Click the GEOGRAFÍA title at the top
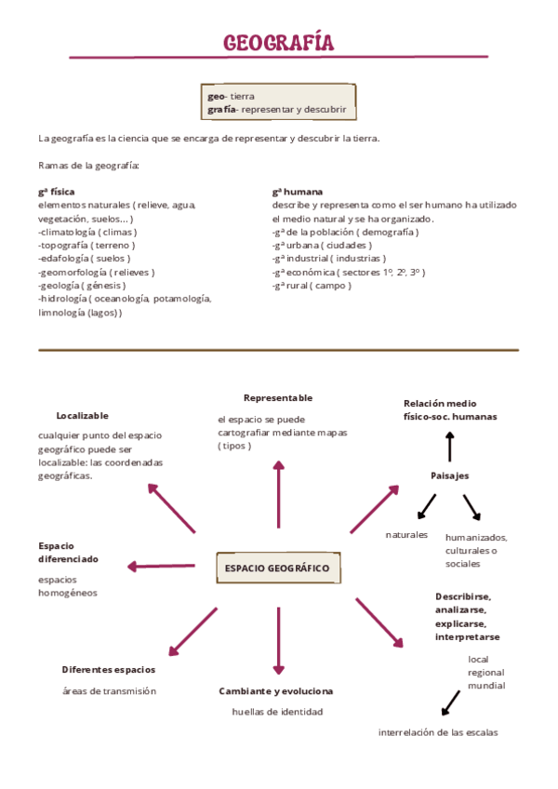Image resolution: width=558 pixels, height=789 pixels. click(x=278, y=44)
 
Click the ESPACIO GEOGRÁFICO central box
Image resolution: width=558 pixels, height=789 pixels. click(x=277, y=568)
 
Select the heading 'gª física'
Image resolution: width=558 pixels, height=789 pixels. click(x=57, y=192)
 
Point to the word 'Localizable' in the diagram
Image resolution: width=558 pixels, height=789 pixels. click(x=82, y=415)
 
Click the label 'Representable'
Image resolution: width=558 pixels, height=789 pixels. click(x=278, y=397)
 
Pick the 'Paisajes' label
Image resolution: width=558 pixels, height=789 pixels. click(x=449, y=475)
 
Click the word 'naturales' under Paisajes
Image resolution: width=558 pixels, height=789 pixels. click(x=406, y=534)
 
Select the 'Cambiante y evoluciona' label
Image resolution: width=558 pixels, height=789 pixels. click(x=275, y=690)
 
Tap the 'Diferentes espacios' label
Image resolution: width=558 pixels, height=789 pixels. click(x=109, y=669)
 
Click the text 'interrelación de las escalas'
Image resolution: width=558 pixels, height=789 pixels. click(x=437, y=732)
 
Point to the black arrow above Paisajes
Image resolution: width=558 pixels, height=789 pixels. click(x=450, y=447)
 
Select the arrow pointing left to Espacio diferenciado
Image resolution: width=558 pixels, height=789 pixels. click(x=161, y=566)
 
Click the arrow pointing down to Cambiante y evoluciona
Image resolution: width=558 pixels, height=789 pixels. click(x=277, y=640)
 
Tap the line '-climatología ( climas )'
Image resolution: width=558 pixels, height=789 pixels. click(x=87, y=232)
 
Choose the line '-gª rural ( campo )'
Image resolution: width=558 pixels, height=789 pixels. click(x=312, y=286)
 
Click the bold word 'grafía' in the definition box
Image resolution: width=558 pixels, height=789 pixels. click(x=221, y=110)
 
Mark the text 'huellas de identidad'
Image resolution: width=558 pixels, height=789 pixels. click(x=277, y=712)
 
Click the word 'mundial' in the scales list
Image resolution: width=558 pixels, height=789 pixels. click(x=486, y=686)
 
